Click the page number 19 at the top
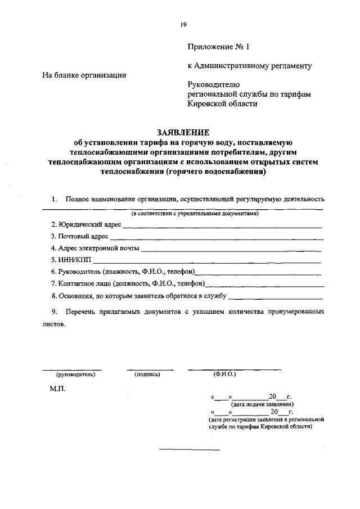pos(183,24)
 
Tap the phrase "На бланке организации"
pos(84,75)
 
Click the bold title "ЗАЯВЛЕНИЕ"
pos(183,133)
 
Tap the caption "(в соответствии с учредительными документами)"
pos(195,214)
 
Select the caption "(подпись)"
pos(147,374)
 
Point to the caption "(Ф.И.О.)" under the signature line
pos(224,374)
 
